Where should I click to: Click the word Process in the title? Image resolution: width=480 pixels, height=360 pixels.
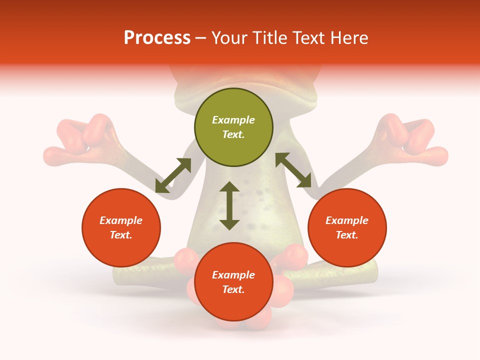tap(157, 37)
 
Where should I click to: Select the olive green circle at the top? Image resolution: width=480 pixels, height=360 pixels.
tap(233, 127)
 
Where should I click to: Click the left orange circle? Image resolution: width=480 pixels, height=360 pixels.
tap(121, 227)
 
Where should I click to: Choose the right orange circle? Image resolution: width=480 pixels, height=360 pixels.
tap(347, 227)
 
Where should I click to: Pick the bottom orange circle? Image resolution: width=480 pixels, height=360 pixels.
tap(233, 281)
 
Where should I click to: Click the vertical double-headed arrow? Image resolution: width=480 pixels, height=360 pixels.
tap(229, 205)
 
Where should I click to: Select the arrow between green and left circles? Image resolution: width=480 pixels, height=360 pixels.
tap(173, 175)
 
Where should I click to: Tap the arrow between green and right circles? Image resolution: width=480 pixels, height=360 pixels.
tap(293, 170)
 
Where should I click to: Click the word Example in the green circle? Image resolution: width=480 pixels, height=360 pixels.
tap(233, 120)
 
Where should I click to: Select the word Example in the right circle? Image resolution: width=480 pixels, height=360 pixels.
tap(347, 220)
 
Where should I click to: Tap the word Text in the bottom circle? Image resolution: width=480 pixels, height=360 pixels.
tap(232, 289)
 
